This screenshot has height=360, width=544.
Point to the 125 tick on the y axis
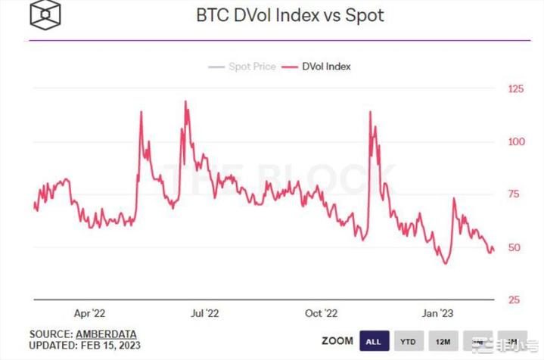(x=515, y=89)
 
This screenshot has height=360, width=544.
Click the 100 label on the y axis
(x=515, y=142)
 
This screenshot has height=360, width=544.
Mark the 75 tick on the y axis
(x=514, y=194)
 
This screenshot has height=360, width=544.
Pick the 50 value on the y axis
(x=514, y=247)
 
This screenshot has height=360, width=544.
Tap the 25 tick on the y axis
(x=514, y=300)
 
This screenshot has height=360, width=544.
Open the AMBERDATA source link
(x=107, y=334)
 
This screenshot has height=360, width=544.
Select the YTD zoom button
(x=406, y=341)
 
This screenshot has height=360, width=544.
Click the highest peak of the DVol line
(x=185, y=101)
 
